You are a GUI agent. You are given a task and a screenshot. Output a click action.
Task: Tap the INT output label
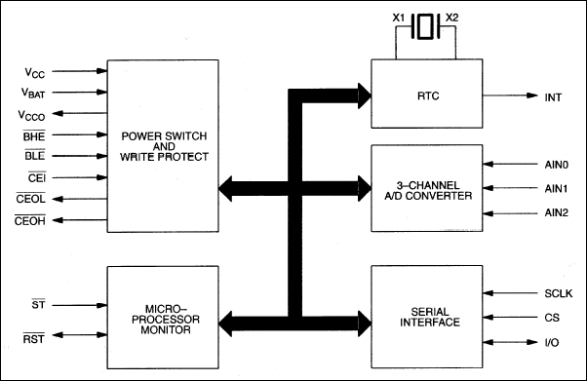click(x=552, y=96)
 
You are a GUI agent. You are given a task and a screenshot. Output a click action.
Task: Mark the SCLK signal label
click(x=554, y=293)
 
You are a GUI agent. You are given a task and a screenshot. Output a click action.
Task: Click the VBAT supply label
click(x=34, y=92)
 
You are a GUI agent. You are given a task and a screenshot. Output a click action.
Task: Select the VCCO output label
click(x=34, y=113)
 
